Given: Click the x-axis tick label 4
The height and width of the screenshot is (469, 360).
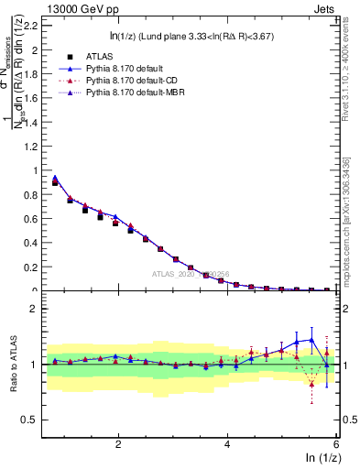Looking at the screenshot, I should pyautogui.click(x=227, y=443).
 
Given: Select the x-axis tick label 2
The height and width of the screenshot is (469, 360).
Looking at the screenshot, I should pyautogui.click(x=118, y=443).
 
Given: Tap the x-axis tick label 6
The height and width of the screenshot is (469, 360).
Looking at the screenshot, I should pyautogui.click(x=336, y=443).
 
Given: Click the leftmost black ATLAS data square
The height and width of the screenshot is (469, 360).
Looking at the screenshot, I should pyautogui.click(x=55, y=183).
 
